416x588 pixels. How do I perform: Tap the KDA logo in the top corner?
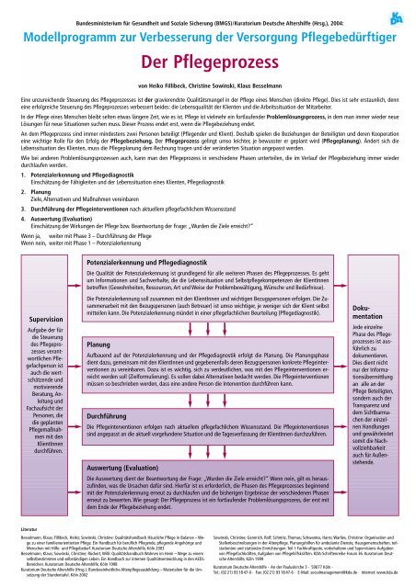pyautogui.click(x=390, y=20)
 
